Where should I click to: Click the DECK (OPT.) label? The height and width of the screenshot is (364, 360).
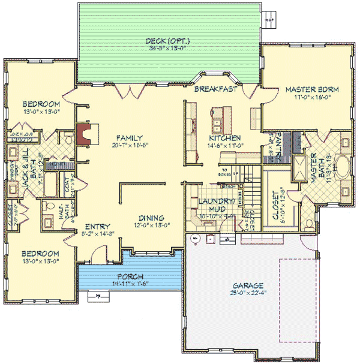169,41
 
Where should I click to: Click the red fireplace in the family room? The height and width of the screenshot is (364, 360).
85,135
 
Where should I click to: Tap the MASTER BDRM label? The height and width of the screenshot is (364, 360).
312,89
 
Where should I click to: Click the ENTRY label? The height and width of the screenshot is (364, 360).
97,226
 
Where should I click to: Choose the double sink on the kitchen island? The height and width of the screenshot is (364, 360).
217,124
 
